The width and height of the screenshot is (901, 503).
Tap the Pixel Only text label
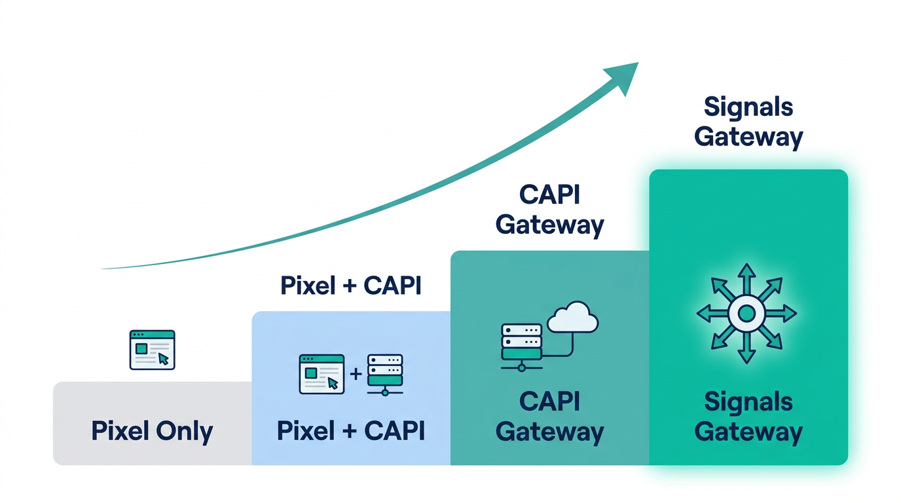pos(152,432)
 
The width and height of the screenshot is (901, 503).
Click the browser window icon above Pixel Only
pos(152,350)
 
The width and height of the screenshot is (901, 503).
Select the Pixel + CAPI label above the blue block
pos(351,286)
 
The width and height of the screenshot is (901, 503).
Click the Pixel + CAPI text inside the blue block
pos(351,431)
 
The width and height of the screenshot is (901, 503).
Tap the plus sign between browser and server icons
pos(356,374)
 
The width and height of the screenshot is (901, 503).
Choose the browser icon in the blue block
pos(322,374)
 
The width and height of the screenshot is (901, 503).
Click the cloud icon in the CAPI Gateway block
pos(573,318)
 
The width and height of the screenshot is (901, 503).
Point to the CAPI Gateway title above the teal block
pos(550,210)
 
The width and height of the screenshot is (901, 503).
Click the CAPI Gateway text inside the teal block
pos(550,417)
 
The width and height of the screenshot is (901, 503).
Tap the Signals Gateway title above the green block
pos(748,122)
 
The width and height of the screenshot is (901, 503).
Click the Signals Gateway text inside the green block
pos(748,417)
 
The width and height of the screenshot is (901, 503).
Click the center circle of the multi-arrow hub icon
pos(746,314)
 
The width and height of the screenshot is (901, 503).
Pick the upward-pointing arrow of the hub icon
pos(746,275)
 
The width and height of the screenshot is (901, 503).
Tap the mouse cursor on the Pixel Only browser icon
pos(163,359)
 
